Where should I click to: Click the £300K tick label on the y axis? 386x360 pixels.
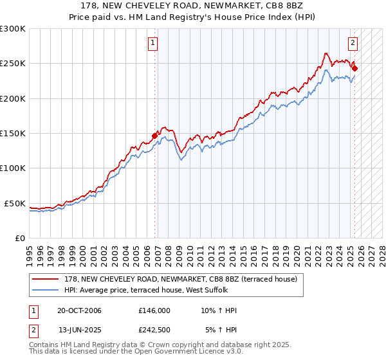click(x=13, y=29)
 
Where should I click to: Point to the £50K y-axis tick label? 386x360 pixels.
click(x=15, y=203)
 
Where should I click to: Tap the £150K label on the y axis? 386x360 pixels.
click(x=13, y=134)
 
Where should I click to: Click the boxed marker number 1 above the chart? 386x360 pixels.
click(x=153, y=43)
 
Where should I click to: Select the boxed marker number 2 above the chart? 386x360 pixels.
click(x=353, y=43)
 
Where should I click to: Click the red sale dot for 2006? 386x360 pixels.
click(x=155, y=136)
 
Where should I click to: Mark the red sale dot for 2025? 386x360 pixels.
click(x=354, y=68)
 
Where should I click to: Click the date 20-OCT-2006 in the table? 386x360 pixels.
click(x=80, y=310)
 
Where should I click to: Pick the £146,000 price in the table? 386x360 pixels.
click(x=154, y=310)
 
